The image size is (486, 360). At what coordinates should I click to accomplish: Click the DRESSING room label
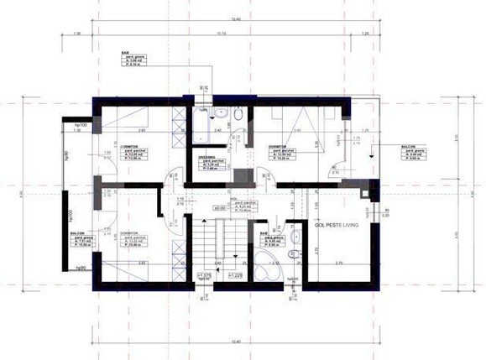coord(207,157)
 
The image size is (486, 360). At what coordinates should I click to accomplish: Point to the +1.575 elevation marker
coord(205,274)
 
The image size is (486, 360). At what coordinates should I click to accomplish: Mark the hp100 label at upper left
coord(81,123)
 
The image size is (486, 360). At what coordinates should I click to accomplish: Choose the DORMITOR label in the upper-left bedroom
coord(128,148)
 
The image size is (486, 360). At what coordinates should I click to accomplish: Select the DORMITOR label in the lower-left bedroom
coord(128,232)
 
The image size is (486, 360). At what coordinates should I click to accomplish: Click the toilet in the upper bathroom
coord(238,115)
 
